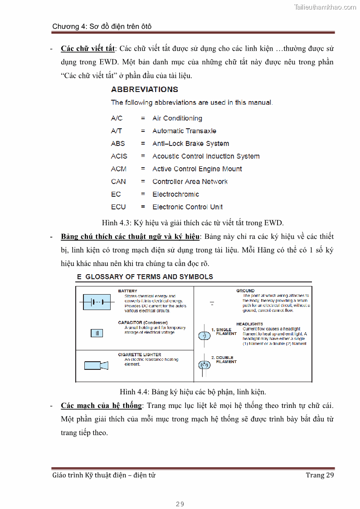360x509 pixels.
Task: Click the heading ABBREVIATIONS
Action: point(145,89)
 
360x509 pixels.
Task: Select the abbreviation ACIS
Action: point(119,156)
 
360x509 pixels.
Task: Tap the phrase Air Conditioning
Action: point(177,118)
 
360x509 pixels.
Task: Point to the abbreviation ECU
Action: point(118,207)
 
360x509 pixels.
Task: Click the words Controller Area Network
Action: point(190,182)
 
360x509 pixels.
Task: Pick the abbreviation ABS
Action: point(118,144)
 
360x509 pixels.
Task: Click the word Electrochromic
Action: point(175,194)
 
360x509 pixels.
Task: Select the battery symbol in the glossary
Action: point(97,302)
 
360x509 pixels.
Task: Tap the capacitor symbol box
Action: point(97,333)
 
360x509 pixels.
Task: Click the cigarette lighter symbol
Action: point(96,365)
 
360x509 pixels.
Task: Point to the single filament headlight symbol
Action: point(204,335)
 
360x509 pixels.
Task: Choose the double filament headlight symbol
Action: point(204,364)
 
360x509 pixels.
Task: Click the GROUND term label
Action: point(245,291)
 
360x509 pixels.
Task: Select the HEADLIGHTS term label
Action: point(249,324)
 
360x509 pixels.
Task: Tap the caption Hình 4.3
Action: point(193,223)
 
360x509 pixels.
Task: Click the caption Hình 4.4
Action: point(193,392)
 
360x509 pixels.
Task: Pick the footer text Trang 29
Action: point(320,475)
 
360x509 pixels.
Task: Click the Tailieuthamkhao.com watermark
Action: point(325,7)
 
